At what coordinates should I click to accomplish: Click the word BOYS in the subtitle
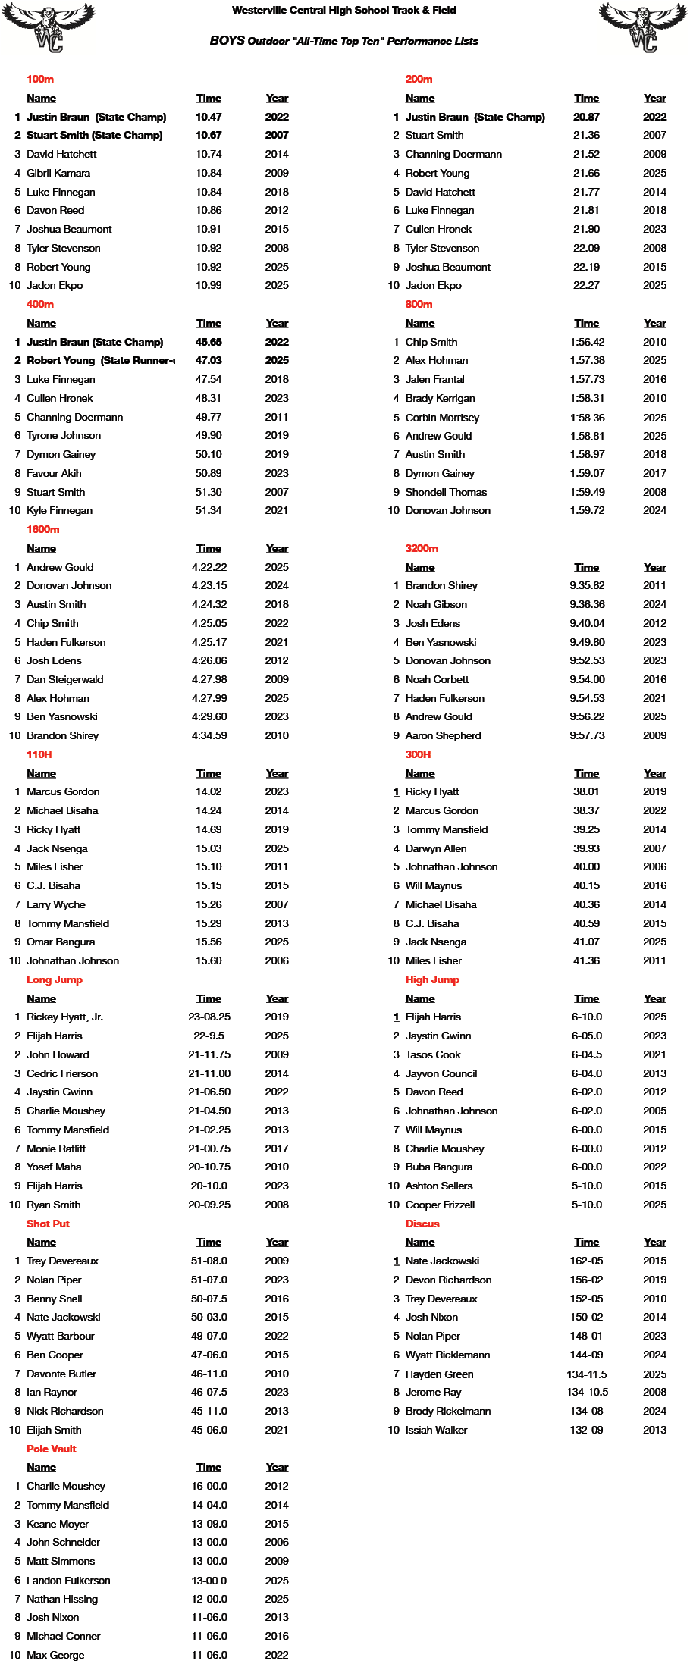[x=227, y=41]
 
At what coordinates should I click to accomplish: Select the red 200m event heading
[x=419, y=79]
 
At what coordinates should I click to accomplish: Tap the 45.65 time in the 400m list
[x=209, y=342]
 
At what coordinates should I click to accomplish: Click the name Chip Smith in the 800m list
[x=431, y=342]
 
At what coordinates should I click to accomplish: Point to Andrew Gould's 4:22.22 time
[x=209, y=567]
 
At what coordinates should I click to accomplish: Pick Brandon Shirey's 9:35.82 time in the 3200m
[x=587, y=585]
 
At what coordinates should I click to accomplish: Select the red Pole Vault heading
[x=52, y=1449]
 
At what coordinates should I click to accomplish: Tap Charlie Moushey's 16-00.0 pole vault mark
[x=209, y=1486]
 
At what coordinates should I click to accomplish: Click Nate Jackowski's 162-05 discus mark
[x=587, y=1261]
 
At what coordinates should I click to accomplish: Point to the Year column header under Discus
[x=654, y=1242]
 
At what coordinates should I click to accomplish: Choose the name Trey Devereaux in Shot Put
[x=62, y=1261]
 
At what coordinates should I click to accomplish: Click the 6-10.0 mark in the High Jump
[x=587, y=1017]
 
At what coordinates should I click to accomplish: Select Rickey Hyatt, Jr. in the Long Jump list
[x=64, y=1017]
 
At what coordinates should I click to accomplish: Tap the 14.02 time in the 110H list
[x=209, y=791]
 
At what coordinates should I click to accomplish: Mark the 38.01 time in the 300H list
[x=586, y=791]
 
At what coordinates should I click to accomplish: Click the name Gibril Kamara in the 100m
[x=58, y=173]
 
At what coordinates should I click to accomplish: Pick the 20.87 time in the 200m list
[x=586, y=117]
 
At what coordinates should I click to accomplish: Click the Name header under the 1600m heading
[x=41, y=548]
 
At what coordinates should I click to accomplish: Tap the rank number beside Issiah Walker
[x=394, y=1430]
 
